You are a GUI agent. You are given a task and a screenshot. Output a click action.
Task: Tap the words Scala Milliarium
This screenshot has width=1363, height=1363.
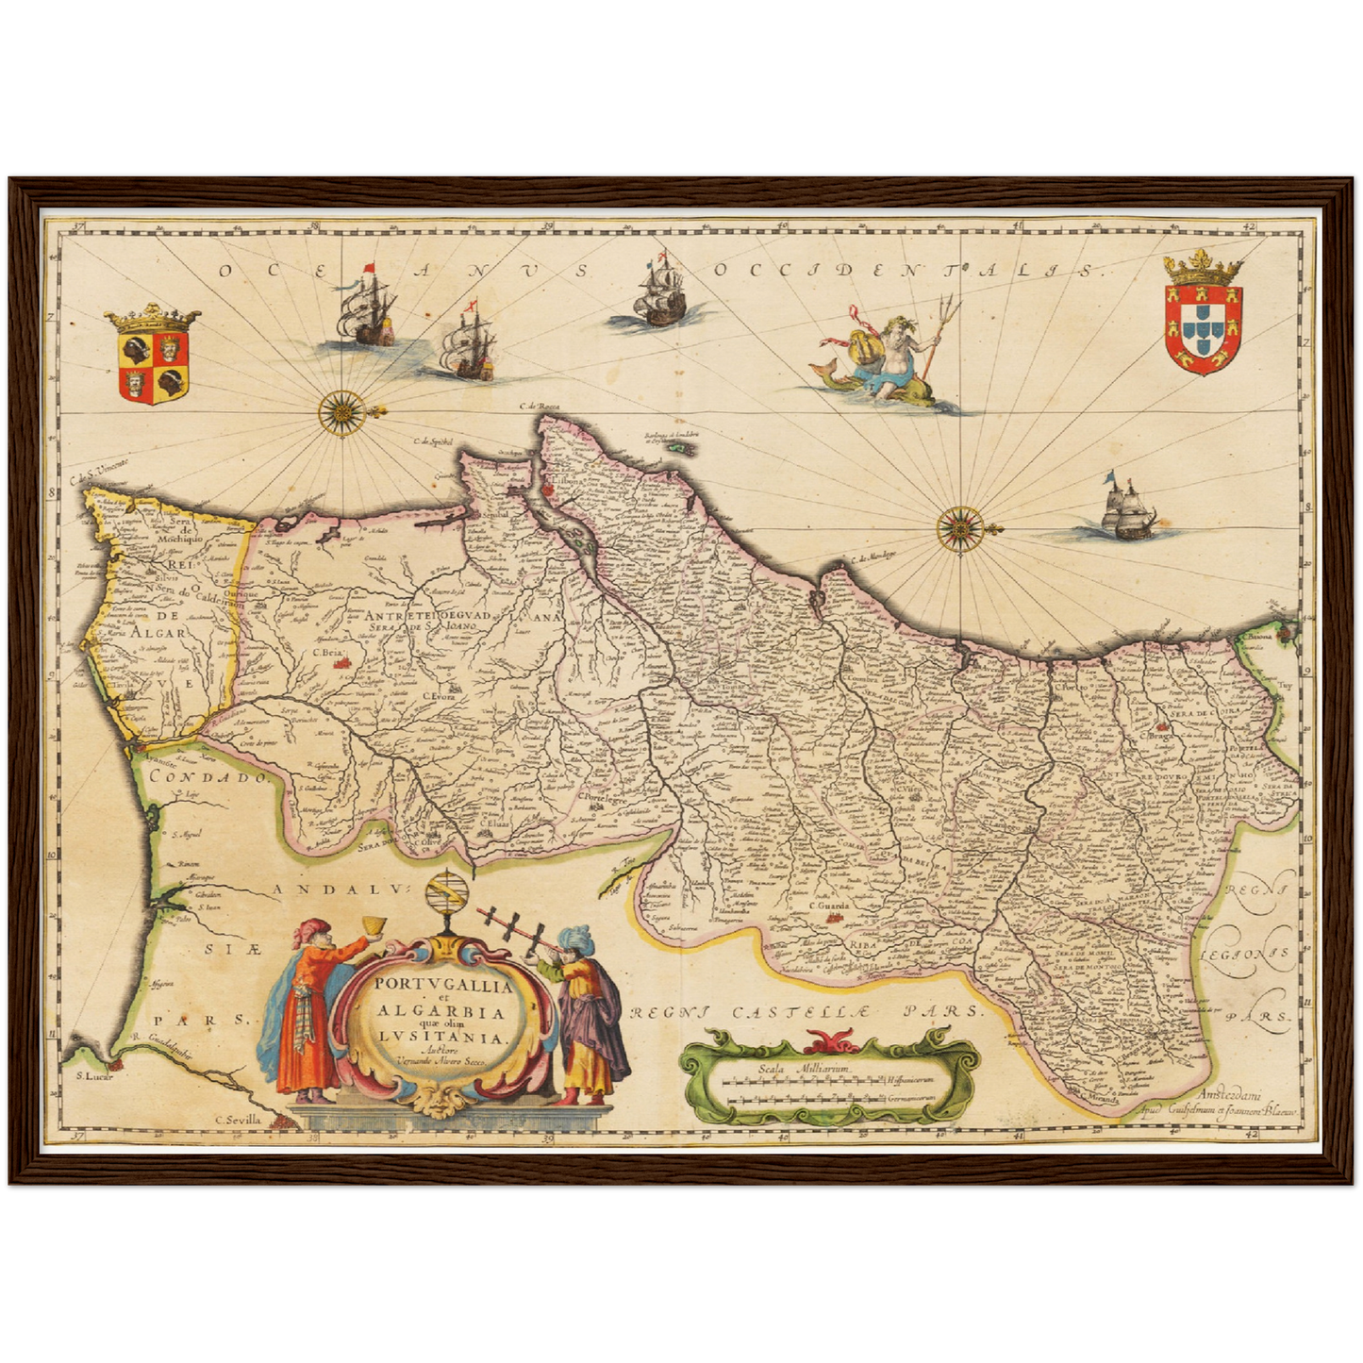pos(804,1069)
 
